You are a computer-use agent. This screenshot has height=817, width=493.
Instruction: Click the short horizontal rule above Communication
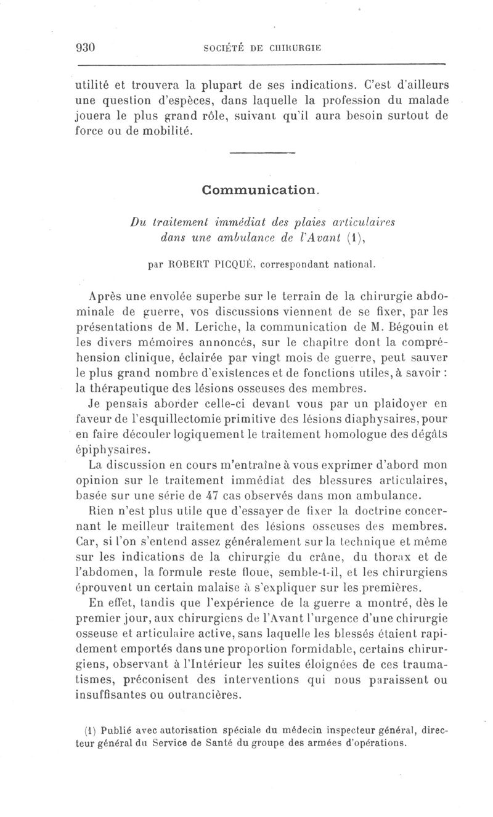[x=263, y=153]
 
